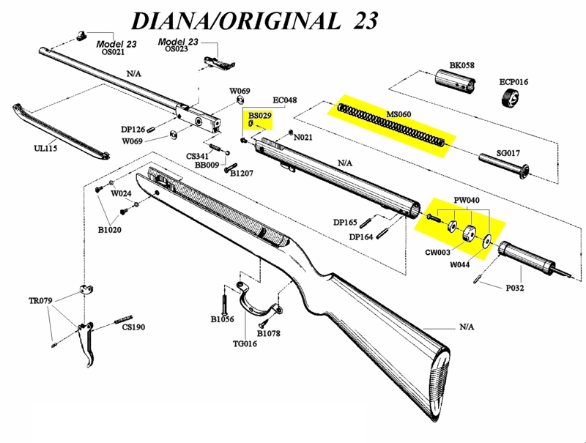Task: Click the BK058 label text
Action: pyautogui.click(x=461, y=65)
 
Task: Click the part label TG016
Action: pyautogui.click(x=245, y=343)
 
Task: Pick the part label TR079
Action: pyautogui.click(x=41, y=301)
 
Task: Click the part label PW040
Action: pyautogui.click(x=467, y=200)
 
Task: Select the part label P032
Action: pyautogui.click(x=515, y=288)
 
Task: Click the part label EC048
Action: pyautogui.click(x=284, y=100)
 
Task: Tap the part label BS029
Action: pyautogui.click(x=260, y=116)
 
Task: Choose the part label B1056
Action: pyautogui.click(x=222, y=319)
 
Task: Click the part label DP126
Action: pyautogui.click(x=133, y=130)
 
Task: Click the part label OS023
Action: pyautogui.click(x=177, y=49)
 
